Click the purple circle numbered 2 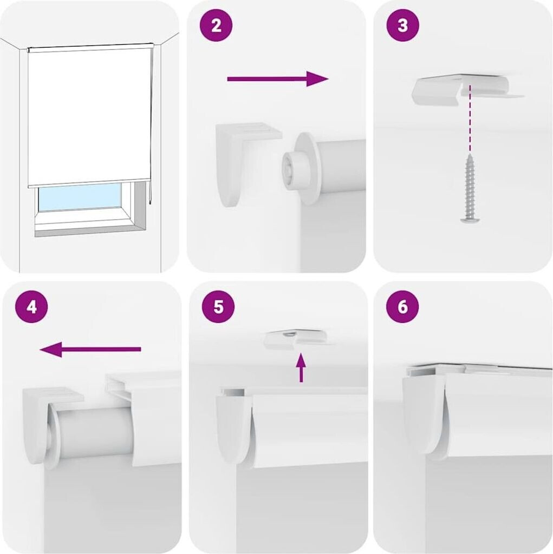tap(216, 26)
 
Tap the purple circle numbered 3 tap(402, 26)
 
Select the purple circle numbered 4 tap(31, 306)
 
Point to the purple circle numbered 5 tap(218, 306)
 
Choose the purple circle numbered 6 tap(402, 306)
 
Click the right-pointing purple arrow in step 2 tap(278, 79)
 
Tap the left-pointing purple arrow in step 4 tap(90, 349)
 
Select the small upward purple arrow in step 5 tap(301, 368)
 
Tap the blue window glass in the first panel tap(80, 197)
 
